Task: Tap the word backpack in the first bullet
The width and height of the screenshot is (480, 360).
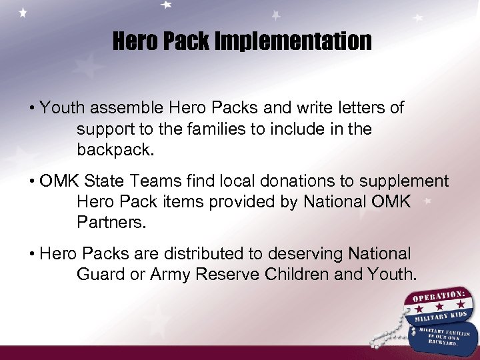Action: click(x=115, y=149)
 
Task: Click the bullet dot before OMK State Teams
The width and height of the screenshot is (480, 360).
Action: click(x=33, y=181)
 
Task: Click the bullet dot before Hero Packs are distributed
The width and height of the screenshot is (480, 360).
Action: click(x=33, y=254)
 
